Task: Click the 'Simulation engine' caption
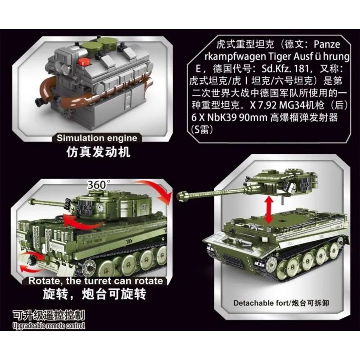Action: point(97,138)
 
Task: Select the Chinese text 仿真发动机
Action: point(97,152)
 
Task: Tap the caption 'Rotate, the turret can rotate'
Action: point(96,281)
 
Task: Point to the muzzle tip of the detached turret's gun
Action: point(182,195)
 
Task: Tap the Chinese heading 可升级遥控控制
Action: point(49,315)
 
